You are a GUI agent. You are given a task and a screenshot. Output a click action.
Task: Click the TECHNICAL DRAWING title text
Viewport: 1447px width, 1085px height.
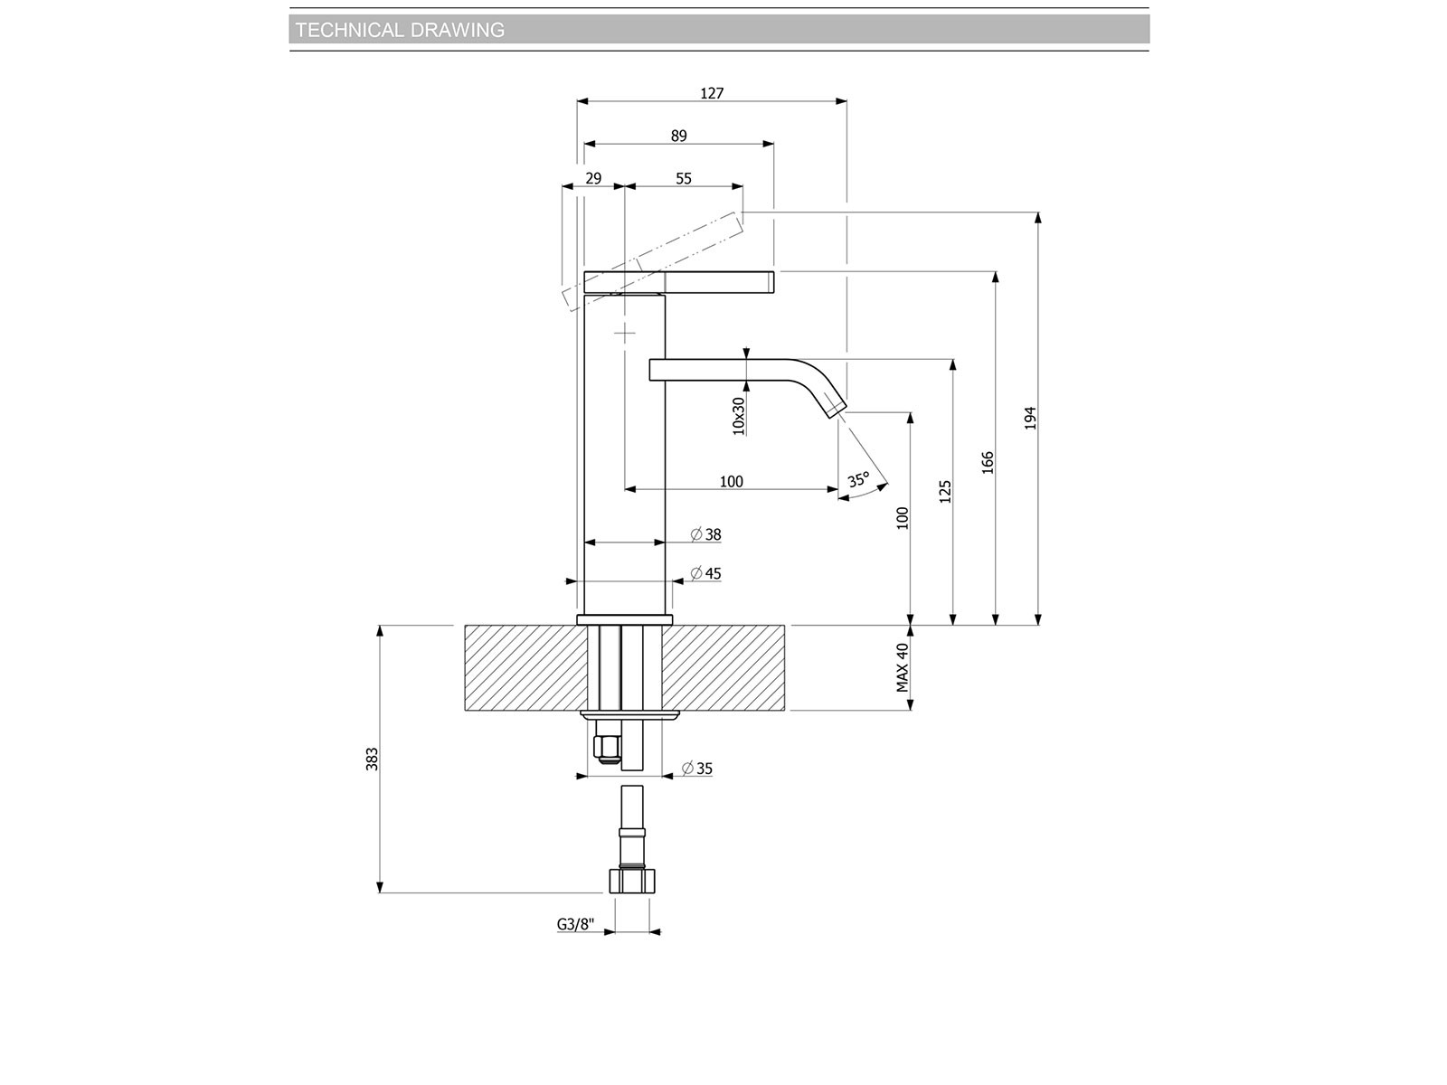[400, 30]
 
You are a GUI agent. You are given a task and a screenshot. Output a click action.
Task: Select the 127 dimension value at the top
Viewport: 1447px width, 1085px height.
[712, 93]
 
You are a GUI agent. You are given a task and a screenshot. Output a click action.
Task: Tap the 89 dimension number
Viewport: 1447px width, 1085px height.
[678, 136]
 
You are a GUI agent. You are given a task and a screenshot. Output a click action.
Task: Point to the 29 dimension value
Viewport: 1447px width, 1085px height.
[593, 178]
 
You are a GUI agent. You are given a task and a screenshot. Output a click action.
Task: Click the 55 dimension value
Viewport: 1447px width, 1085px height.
[684, 178]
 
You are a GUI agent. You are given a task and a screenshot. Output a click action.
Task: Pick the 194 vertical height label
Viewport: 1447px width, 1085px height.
[1030, 419]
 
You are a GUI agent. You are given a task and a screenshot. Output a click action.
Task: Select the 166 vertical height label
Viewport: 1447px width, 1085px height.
[988, 463]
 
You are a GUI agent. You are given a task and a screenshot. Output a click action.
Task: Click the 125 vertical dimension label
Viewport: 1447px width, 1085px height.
[945, 492]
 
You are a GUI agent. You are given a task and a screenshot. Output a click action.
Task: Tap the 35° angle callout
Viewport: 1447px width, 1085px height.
[858, 479]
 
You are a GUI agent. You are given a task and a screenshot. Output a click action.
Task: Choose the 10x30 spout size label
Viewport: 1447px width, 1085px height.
[738, 416]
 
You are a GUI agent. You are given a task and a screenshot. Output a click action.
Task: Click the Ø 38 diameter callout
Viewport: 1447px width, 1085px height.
[705, 534]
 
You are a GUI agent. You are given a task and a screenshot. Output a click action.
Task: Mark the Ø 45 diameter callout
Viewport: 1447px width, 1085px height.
[705, 574]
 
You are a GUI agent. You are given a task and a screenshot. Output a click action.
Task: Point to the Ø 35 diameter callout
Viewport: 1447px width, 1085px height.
[696, 769]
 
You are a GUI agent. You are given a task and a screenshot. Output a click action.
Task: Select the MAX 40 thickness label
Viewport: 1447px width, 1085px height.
[903, 667]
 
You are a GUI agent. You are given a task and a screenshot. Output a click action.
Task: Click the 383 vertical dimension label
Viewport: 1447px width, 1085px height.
[372, 759]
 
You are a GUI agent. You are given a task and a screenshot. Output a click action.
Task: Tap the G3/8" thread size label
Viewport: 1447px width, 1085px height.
[575, 924]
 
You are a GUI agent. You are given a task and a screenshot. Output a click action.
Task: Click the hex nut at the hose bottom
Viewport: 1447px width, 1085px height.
[632, 881]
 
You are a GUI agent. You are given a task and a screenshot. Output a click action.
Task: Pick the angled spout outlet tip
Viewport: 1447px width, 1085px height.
[836, 409]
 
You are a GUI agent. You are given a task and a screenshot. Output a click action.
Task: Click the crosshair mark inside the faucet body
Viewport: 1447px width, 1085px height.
[625, 334]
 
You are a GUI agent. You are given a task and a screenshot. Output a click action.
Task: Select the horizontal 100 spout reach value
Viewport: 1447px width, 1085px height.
[731, 482]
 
